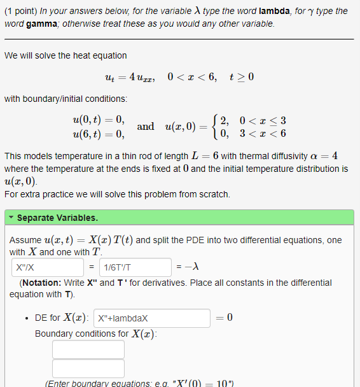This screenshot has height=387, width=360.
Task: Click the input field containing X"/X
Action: coord(47,267)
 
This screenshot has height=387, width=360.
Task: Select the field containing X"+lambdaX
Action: coord(152,318)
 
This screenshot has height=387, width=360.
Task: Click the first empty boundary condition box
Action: coord(80,349)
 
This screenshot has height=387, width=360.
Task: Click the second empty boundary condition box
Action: coord(80,369)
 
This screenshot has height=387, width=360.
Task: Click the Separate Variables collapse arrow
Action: coord(11,218)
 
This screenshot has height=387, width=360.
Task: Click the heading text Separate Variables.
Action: coord(57,218)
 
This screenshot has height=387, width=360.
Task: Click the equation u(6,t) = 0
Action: coord(99,133)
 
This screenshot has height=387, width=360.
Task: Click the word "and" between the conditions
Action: coord(145,126)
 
